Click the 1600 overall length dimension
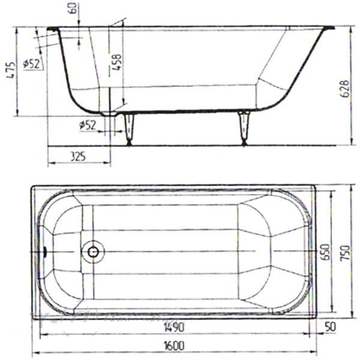click(175, 346)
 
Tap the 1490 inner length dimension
click(175, 327)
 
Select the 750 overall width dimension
click(345, 253)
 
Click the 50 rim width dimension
click(330, 326)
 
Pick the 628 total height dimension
click(345, 89)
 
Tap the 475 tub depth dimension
click(11, 70)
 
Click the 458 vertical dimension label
click(116, 62)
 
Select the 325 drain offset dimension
click(78, 157)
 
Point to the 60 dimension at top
click(73, 8)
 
